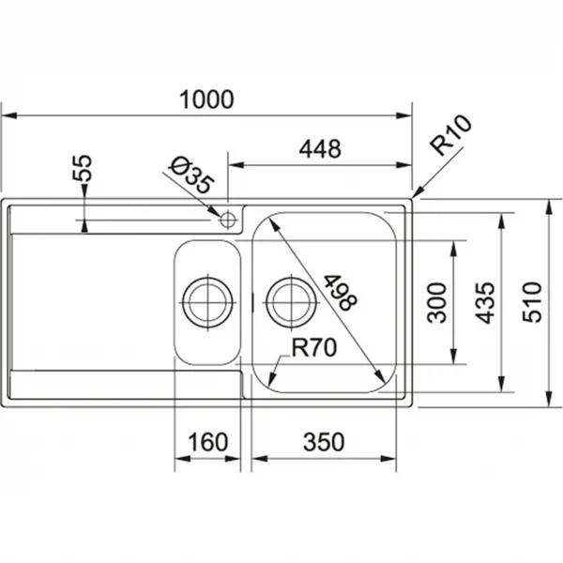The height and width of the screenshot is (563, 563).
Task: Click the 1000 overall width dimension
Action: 206,99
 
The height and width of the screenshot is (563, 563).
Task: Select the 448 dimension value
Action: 320,149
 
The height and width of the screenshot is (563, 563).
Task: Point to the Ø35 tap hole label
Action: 191,175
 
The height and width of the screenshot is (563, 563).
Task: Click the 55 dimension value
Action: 83,168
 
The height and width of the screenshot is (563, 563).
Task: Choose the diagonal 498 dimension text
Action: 340,292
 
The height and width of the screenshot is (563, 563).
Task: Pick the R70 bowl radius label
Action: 314,347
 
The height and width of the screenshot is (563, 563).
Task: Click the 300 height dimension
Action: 437,303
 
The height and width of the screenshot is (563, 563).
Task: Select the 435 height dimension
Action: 485,303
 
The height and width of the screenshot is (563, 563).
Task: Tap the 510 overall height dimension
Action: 532,303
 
